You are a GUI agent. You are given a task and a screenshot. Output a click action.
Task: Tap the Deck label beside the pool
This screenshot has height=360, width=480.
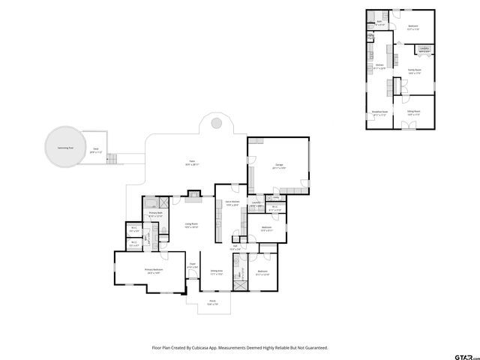tap(95, 150)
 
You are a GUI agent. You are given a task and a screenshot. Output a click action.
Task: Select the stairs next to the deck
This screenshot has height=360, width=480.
tap(114, 159)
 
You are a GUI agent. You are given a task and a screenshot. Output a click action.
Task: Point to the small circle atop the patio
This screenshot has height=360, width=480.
tap(215, 122)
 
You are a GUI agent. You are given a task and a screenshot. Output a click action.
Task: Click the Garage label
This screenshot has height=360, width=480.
tap(278, 164)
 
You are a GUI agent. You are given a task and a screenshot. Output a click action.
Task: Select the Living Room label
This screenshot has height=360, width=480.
tap(191, 225)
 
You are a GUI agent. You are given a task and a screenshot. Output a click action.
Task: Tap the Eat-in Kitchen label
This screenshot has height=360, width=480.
tap(232, 202)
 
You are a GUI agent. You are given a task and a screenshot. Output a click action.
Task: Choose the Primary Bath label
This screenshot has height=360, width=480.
tap(155, 214)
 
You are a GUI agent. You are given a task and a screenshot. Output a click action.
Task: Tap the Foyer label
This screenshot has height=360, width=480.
tap(192, 264)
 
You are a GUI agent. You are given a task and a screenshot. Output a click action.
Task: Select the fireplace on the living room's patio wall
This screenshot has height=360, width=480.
tap(194, 199)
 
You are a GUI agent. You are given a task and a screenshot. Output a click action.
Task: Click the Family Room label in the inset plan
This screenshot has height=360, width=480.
tap(414, 70)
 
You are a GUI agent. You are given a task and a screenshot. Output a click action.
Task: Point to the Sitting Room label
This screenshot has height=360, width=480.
tap(413, 112)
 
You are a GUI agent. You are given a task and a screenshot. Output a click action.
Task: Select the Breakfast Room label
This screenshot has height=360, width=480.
tap(379, 113)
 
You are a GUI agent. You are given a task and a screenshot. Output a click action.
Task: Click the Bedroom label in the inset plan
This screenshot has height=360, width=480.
tap(413, 26)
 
